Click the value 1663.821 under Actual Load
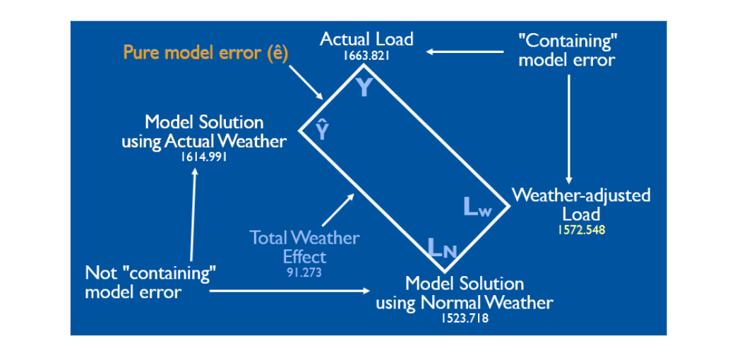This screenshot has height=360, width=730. point(366,56)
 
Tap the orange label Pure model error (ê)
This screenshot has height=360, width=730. point(205,53)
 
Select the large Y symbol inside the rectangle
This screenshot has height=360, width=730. point(363,88)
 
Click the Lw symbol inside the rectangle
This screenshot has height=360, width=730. point(477,207)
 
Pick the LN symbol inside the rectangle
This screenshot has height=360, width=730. point(443,248)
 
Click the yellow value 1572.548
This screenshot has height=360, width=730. point(581,229)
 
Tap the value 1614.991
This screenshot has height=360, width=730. point(204,157)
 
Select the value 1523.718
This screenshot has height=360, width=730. point(465,318)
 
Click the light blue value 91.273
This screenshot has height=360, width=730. point(304,272)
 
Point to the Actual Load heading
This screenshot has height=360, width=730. point(366,39)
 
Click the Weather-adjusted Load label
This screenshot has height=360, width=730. point(581,204)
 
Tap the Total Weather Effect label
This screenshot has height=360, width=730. point(304,246)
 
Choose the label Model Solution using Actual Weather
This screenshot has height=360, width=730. point(204,132)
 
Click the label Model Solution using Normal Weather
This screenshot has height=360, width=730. point(465,293)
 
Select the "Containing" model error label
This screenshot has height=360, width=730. point(566,49)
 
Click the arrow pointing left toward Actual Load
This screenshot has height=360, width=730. point(467,51)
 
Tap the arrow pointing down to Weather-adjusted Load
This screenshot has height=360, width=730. point(569,127)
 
